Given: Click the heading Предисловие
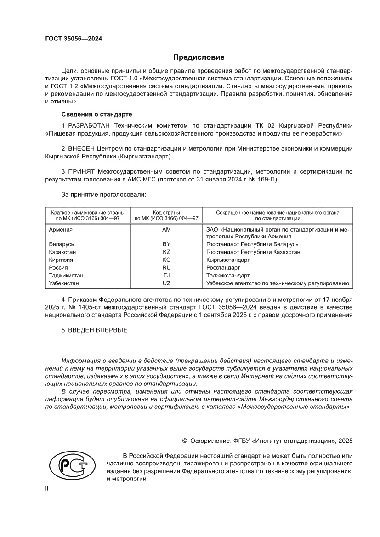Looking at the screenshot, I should (199, 57).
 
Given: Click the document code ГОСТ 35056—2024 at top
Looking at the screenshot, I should (74, 39).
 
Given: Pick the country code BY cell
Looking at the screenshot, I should (166, 244).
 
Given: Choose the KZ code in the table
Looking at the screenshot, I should (166, 252).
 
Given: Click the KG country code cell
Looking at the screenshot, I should (166, 260).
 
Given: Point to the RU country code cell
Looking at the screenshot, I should (166, 268).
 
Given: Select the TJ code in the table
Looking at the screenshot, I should (166, 276).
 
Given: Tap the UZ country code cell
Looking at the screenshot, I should (166, 283).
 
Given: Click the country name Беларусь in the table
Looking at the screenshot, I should (62, 244).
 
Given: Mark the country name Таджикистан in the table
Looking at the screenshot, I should (66, 276).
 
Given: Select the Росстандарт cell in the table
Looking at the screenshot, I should (223, 268).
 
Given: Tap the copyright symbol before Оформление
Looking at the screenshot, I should (185, 441).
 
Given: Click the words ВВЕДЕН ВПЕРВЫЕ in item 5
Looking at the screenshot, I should (97, 330).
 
